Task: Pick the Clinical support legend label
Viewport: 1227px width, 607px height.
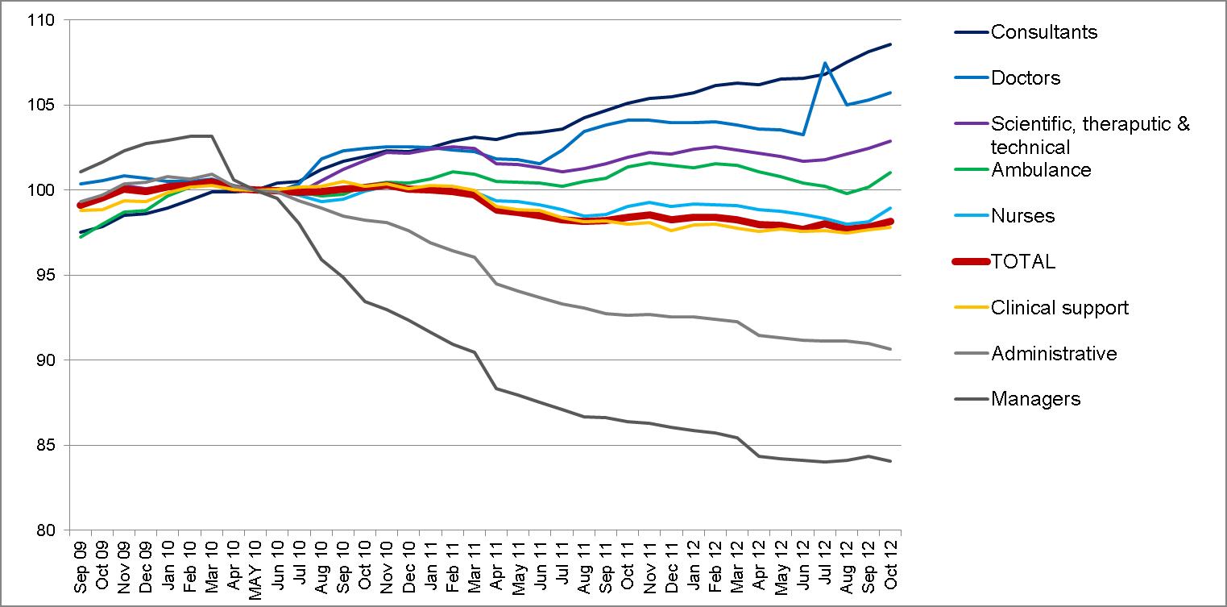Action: pyautogui.click(x=1059, y=308)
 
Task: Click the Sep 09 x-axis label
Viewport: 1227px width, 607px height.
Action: pyautogui.click(x=80, y=566)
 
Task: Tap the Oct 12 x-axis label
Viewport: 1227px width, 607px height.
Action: pyautogui.click(x=891, y=564)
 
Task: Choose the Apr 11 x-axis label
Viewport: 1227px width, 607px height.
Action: pyautogui.click(x=496, y=565)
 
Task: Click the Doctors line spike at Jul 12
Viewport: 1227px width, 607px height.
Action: pyautogui.click(x=825, y=63)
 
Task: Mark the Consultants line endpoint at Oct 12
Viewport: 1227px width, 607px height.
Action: pyautogui.click(x=890, y=44)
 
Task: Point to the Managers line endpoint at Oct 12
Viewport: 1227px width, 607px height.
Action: pyautogui.click(x=890, y=461)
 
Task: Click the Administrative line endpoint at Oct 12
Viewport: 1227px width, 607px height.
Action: pyautogui.click(x=890, y=349)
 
